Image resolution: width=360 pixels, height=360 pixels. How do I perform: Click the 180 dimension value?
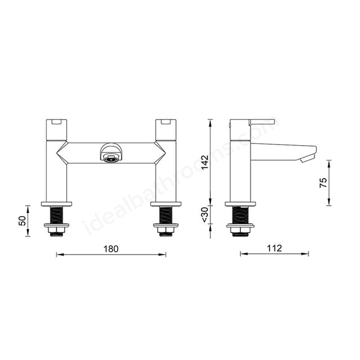coord(111,249)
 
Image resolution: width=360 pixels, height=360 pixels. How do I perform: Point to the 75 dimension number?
coord(323,183)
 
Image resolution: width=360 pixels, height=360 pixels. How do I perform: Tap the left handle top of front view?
coord(56,123)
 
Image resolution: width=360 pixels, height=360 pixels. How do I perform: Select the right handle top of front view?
coord(166,123)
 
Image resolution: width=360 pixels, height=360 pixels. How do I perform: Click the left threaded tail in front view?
coord(56,215)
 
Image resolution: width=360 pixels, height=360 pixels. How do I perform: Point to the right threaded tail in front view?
coord(166,215)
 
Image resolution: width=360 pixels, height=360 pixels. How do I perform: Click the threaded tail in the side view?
coord(240,215)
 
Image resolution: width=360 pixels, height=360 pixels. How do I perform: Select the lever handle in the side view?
coord(262,121)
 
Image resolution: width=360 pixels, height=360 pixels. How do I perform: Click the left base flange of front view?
coord(56,204)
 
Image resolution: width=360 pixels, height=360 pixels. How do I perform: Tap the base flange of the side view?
coord(240,204)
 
